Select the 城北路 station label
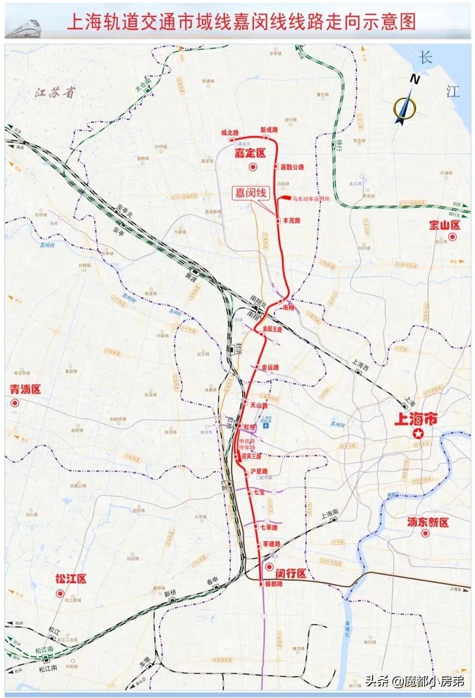click(230, 132)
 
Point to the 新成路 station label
click(269, 130)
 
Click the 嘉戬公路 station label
click(292, 167)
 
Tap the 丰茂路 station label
click(292, 220)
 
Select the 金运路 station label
click(270, 367)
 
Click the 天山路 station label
click(259, 404)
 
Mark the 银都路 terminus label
click(274, 584)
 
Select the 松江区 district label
click(71, 578)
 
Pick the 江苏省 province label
click(55, 93)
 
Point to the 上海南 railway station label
click(330, 514)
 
